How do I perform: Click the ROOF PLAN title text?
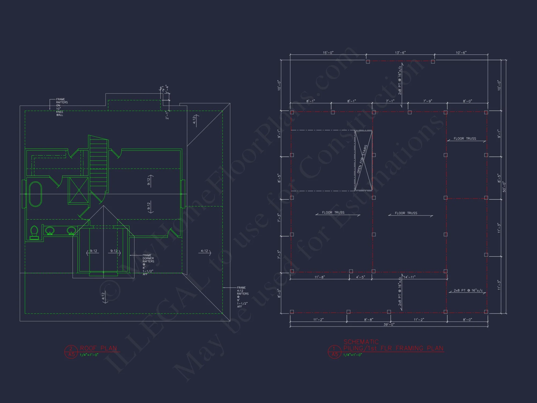(x=98, y=348)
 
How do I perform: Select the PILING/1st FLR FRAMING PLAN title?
(x=393, y=348)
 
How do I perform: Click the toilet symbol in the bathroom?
(x=34, y=232)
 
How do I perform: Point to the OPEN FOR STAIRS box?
(x=363, y=160)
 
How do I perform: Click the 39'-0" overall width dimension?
(x=389, y=325)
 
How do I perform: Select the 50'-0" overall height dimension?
(x=504, y=187)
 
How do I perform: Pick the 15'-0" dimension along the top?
(x=328, y=53)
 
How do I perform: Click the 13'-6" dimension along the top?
(x=400, y=53)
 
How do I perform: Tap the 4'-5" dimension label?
(x=360, y=277)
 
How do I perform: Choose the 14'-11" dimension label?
(x=409, y=277)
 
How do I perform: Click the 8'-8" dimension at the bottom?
(x=368, y=320)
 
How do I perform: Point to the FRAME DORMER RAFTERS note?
(x=148, y=264)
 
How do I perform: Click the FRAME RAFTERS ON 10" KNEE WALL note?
(x=61, y=107)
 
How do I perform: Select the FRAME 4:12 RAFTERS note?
(x=242, y=297)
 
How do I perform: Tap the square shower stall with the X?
(x=79, y=190)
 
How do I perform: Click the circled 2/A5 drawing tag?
(x=71, y=352)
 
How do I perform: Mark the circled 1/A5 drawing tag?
(x=335, y=352)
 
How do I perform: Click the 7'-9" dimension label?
(x=427, y=101)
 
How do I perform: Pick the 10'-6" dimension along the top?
(x=461, y=53)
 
